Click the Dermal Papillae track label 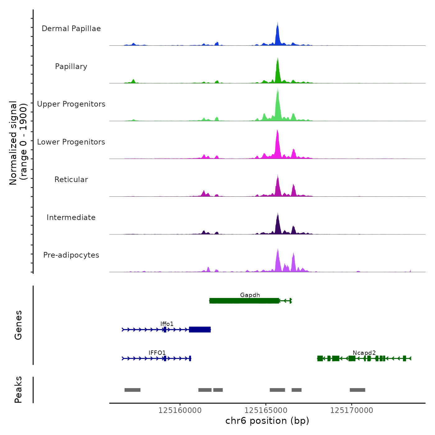tap(71, 29)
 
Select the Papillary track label tap(71, 66)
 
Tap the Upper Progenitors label tap(71, 104)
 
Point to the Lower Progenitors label tap(71, 142)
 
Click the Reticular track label tap(71, 180)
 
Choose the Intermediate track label tap(71, 217)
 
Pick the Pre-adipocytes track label tap(71, 255)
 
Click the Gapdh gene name tap(250, 295)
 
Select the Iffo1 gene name tap(167, 324)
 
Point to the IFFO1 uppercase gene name tap(157, 353)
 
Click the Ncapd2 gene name tap(364, 353)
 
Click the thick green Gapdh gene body tap(244, 301)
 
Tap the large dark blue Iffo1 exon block tap(200, 329)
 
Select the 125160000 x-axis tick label tap(180, 410)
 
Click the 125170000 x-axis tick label tap(351, 410)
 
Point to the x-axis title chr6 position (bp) tap(267, 421)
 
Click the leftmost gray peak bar tap(132, 390)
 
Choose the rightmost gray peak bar tap(357, 390)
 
